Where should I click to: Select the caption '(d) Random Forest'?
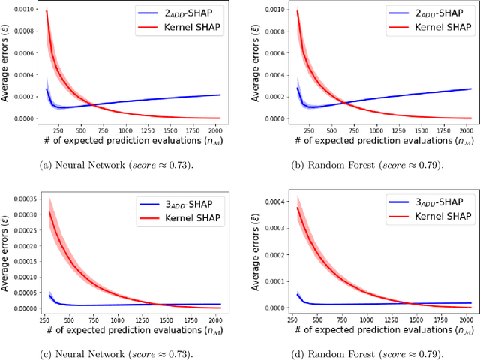click(x=367, y=352)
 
